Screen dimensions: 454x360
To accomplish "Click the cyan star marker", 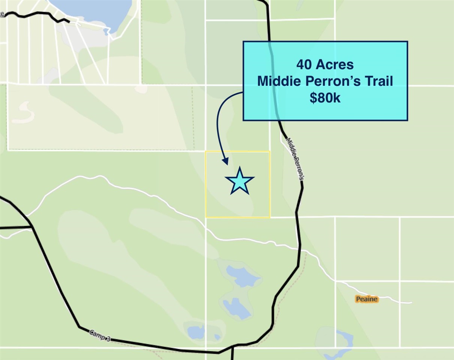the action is [239, 181].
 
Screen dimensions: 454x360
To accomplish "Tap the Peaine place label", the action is [367, 299].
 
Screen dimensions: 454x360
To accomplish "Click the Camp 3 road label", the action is [100, 335].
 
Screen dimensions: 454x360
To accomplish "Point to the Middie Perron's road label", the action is [295, 159].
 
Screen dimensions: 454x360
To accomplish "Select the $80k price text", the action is [325, 98].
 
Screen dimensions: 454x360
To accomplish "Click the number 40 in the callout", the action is [304, 64].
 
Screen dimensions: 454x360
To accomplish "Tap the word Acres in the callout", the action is [334, 64].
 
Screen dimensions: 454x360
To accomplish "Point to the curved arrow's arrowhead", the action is [225, 161].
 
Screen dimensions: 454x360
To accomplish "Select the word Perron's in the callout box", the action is [329, 81].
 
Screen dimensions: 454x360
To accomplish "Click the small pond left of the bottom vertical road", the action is [196, 331].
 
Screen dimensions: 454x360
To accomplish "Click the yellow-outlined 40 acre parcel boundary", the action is [206, 184].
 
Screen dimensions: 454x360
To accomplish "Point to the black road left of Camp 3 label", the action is [60, 289].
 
